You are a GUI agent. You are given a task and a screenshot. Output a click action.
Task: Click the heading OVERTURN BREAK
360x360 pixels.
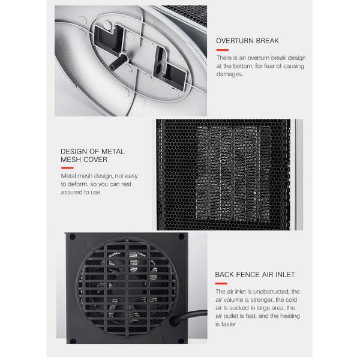(247, 41)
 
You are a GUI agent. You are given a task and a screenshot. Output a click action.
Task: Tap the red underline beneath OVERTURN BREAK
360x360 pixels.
(222, 50)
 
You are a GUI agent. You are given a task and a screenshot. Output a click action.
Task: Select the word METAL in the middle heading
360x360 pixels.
(113, 152)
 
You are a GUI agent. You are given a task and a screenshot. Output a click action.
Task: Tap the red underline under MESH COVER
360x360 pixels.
(67, 168)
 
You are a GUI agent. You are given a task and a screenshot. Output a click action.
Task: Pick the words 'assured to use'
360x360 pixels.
(80, 192)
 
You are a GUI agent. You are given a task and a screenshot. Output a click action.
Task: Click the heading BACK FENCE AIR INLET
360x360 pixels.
(255, 275)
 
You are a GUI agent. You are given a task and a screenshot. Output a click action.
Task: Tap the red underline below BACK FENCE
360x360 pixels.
(221, 284)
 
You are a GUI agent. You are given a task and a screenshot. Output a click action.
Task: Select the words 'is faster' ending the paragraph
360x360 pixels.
(226, 324)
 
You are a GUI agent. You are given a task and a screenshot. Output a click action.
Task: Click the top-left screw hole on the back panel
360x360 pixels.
(73, 237)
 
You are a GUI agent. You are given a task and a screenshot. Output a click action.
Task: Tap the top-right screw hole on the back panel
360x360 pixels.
(181, 236)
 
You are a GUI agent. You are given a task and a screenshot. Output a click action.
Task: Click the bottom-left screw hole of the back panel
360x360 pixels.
(73, 341)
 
